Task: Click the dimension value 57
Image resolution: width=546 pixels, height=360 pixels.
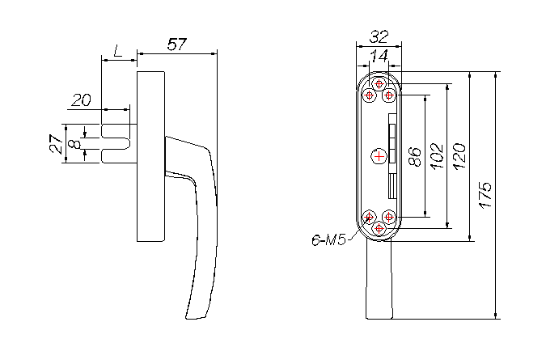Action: pos(177,44)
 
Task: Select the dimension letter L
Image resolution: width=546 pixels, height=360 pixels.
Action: pos(118,51)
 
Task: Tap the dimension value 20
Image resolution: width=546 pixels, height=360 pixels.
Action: pos(81,100)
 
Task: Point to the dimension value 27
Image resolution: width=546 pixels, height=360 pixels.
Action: pos(57,144)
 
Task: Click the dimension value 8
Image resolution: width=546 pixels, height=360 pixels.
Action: pos(74,144)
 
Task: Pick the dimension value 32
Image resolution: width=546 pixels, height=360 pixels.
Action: pos(379,36)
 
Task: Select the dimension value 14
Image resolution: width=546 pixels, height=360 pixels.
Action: pos(379,56)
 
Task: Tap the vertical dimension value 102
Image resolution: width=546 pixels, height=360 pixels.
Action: pos(437,156)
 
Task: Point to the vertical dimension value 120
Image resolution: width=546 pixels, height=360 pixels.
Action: pos(459,156)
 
